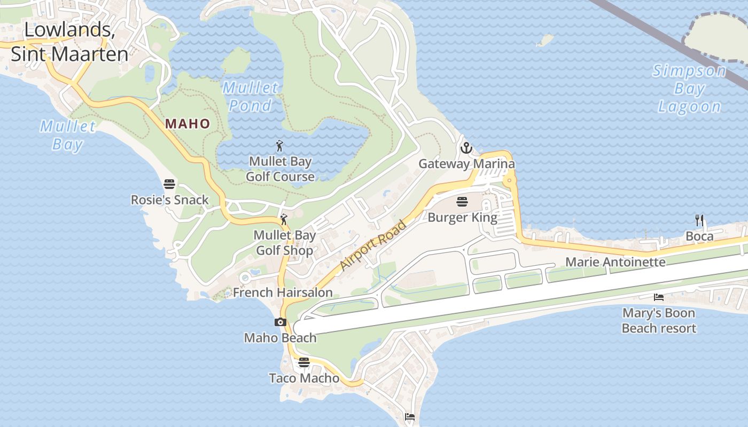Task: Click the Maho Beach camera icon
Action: coord(280,322)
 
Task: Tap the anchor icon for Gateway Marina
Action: coord(466,148)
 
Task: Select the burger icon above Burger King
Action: coord(462,202)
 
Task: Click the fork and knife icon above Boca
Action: coord(699,220)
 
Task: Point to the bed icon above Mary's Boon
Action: coord(659,297)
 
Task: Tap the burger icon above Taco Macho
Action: coord(304,362)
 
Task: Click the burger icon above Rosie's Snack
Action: coord(169,184)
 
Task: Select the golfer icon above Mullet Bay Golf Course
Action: coord(279,145)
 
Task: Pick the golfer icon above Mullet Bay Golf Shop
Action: coord(284,219)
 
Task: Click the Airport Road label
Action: coord(373,245)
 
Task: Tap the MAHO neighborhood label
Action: coord(188,124)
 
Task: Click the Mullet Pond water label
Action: coord(251,97)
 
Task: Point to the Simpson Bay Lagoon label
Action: coord(689,89)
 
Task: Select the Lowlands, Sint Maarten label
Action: coord(69,42)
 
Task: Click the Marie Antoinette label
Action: coord(615,262)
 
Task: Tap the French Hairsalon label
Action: coord(283,292)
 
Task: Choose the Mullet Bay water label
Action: coord(68,135)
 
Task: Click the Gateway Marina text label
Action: coord(466,164)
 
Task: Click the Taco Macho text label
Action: coord(304,378)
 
